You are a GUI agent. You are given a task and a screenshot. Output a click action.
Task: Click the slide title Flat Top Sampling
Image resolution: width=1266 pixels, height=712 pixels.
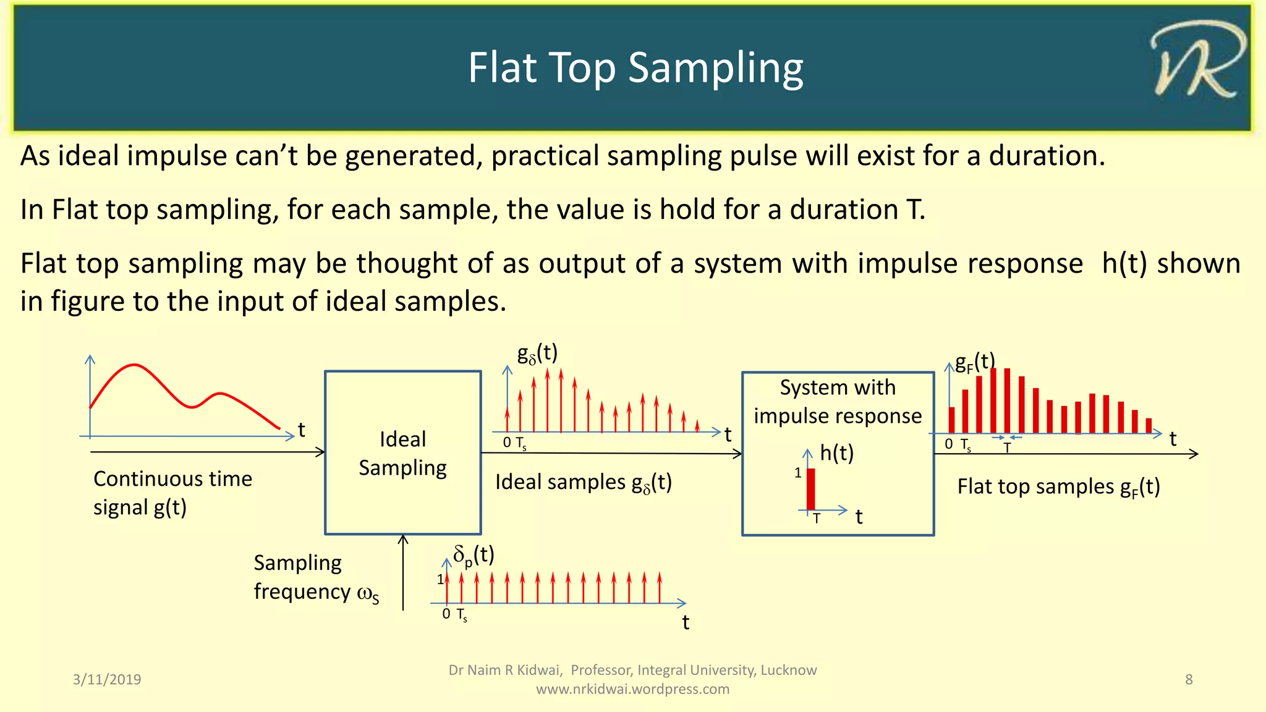[635, 68]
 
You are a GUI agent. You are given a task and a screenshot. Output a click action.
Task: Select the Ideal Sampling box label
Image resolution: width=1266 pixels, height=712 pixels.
[402, 453]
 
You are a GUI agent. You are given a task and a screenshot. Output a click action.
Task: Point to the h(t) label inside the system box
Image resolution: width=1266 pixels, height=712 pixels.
[836, 453]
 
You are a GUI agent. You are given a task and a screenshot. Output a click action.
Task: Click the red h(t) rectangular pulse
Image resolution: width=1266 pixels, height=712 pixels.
[811, 489]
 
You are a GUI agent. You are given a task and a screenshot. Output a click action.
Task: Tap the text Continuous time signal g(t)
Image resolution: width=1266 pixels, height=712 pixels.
[172, 493]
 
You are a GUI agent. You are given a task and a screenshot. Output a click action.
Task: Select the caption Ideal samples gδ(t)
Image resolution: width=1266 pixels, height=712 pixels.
[583, 482]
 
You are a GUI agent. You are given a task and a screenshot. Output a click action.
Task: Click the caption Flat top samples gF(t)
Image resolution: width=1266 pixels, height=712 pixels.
[1058, 487]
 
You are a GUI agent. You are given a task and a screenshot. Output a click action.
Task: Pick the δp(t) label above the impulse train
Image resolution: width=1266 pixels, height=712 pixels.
[474, 555]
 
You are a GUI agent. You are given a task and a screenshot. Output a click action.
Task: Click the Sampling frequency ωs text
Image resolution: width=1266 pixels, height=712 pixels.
[315, 577]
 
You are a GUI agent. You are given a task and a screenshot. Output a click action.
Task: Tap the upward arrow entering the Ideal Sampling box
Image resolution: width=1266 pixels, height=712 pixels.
[403, 572]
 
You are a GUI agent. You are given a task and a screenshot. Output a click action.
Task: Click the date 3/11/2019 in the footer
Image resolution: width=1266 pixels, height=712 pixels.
[107, 679]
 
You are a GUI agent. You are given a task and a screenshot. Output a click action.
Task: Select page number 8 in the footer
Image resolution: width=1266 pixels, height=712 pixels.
[1188, 679]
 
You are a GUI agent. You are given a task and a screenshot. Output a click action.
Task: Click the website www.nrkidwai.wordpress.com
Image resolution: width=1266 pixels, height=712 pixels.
[632, 689]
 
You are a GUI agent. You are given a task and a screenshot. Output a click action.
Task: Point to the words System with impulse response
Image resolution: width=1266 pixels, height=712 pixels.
[837, 401]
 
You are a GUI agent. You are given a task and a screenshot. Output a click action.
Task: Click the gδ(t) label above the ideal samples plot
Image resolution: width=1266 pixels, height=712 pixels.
[537, 354]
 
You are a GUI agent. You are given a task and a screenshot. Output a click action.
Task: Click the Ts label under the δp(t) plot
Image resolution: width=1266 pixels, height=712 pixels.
[462, 614]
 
